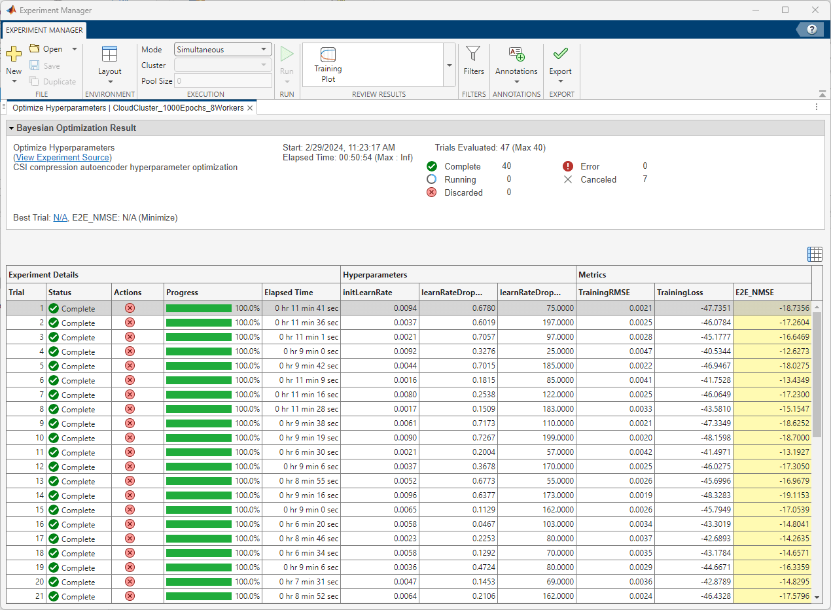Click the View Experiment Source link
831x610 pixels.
[x=62, y=158]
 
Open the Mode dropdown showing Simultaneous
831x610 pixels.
[x=223, y=49]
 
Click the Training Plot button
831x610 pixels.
[x=328, y=64]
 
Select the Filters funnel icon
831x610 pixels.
[x=473, y=54]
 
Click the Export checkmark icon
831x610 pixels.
[x=560, y=54]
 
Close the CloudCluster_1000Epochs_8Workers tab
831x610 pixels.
[x=250, y=108]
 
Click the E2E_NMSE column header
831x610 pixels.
[x=754, y=293]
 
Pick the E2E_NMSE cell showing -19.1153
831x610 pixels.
[x=772, y=495]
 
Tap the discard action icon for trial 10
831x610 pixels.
[x=130, y=438]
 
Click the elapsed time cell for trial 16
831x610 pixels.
[x=301, y=524]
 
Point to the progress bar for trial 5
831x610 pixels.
[x=199, y=366]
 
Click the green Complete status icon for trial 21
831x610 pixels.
[x=54, y=596]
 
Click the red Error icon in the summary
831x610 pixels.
[x=568, y=166]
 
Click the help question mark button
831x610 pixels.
[x=812, y=29]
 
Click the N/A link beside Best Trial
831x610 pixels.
[x=60, y=217]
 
